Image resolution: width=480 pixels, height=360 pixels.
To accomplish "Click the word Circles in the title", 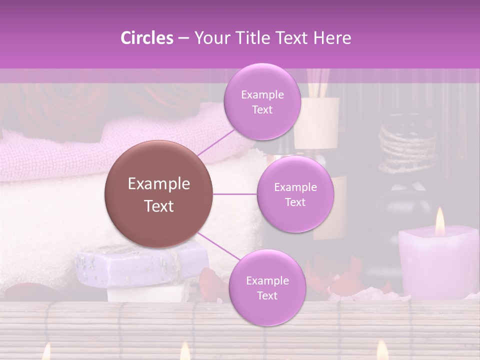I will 146,38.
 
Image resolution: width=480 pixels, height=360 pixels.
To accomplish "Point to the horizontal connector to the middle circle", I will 235,194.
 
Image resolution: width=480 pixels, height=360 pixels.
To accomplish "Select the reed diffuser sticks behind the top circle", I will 318,82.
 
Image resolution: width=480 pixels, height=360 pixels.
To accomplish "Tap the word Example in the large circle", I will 159,184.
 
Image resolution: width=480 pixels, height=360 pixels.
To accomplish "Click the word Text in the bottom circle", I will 267,295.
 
